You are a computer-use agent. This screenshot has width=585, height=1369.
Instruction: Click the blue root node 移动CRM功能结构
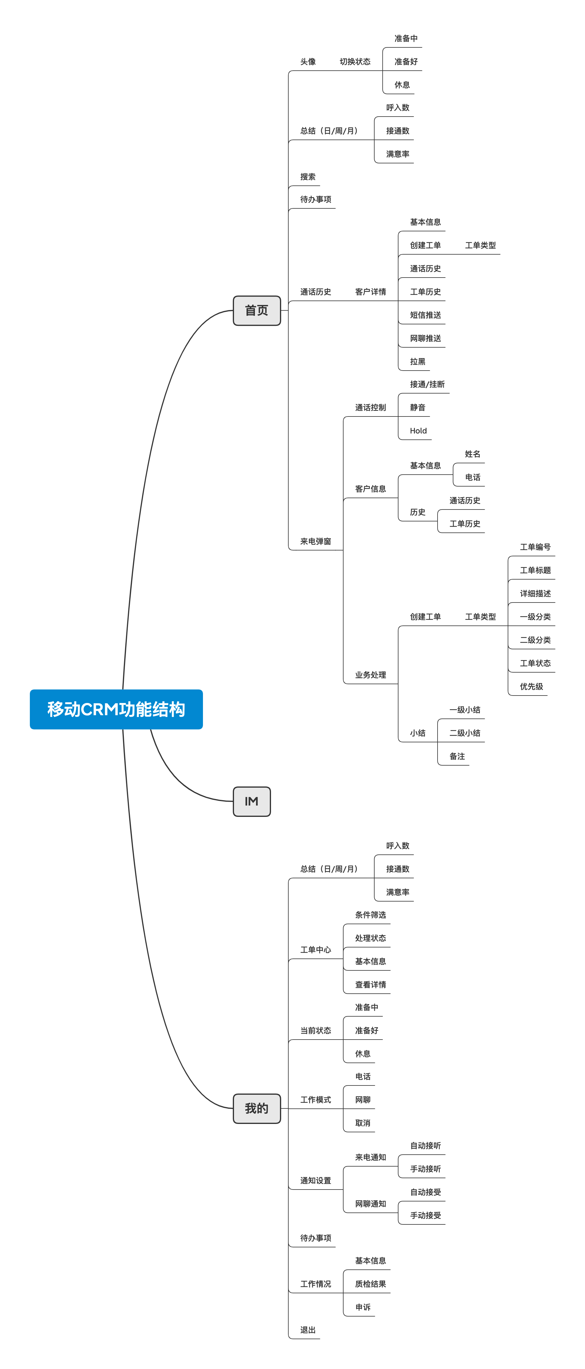[116, 709]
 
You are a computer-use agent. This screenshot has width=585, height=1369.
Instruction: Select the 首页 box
[256, 310]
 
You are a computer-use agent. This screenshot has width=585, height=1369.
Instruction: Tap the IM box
[252, 801]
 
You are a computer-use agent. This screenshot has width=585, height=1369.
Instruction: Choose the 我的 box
[256, 1108]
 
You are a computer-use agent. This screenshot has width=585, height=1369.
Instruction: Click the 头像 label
[308, 62]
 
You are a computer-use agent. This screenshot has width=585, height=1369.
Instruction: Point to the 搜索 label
[308, 176]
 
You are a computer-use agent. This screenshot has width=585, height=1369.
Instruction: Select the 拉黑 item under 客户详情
[418, 361]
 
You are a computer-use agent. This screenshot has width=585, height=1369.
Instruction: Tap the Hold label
[418, 430]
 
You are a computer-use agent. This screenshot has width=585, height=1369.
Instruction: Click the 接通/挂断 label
[427, 384]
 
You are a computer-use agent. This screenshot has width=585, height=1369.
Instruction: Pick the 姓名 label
[472, 454]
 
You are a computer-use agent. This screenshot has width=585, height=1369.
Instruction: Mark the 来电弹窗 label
[315, 541]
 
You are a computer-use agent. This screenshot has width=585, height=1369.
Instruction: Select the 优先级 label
[531, 686]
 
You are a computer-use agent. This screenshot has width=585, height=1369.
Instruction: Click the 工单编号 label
[535, 547]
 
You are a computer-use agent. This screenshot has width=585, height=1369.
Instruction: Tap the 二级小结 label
[464, 733]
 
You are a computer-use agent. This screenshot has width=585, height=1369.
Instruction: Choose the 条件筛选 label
[370, 915]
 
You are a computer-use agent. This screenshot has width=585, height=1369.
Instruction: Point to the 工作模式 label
[315, 1099]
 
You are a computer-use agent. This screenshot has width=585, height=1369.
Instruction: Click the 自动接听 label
[425, 1145]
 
